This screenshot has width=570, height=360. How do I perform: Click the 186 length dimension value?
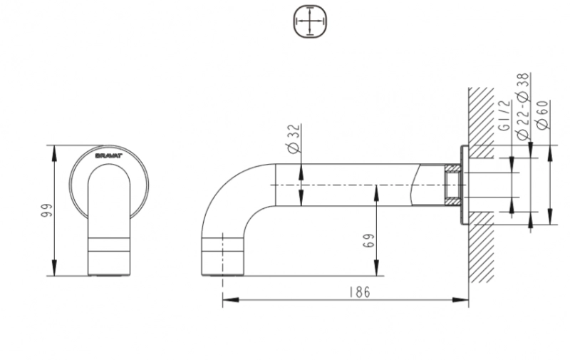click(360, 292)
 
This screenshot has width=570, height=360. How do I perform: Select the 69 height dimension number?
click(368, 241)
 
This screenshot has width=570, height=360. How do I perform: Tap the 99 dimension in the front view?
click(47, 210)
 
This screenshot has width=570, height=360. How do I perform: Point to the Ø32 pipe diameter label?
click(294, 138)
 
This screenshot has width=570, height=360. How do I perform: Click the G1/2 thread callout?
click(504, 116)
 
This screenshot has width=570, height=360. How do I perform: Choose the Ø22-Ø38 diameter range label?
click(523, 106)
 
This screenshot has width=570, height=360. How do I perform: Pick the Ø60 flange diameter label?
click(542, 115)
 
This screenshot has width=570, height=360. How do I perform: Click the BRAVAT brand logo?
click(109, 155)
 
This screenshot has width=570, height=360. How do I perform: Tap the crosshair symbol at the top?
click(309, 21)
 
